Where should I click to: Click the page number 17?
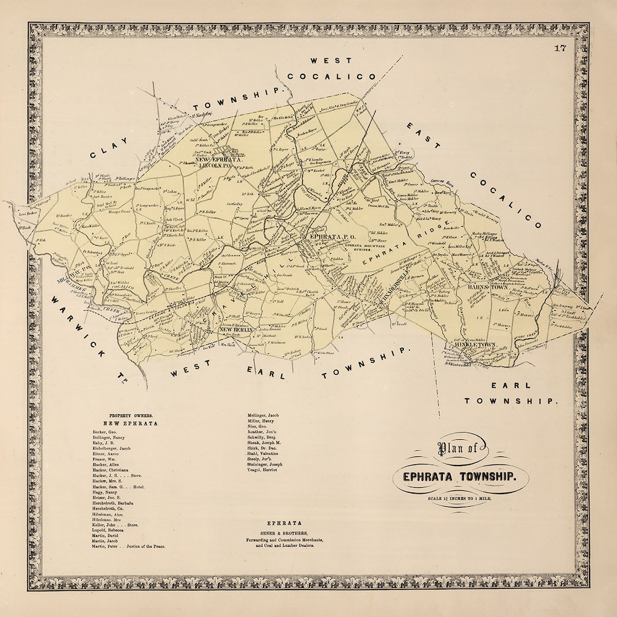point(560,48)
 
